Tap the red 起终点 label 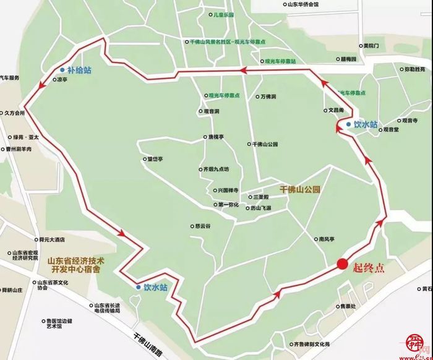point(369,268)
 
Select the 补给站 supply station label point(79,71)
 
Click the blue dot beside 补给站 point(62,71)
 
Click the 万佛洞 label point(268,97)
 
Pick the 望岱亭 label point(154,159)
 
